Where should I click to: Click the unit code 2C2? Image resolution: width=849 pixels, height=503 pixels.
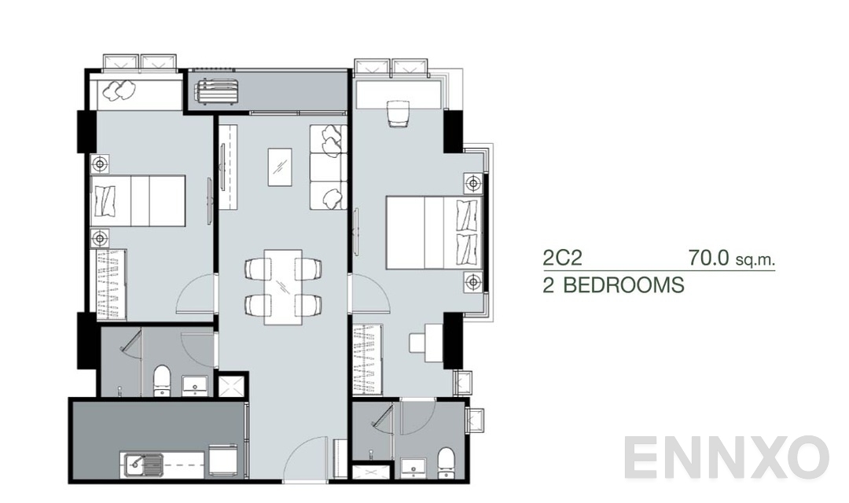(x=562, y=259)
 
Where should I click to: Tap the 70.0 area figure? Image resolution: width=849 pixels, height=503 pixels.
(x=709, y=258)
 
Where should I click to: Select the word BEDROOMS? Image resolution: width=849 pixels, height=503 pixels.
(x=623, y=285)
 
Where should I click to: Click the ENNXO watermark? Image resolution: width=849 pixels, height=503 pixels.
(x=726, y=458)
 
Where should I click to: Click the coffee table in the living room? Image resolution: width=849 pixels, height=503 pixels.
(x=280, y=167)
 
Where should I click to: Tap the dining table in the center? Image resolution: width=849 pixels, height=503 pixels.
(x=282, y=286)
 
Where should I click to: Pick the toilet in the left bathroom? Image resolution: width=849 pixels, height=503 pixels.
(x=162, y=379)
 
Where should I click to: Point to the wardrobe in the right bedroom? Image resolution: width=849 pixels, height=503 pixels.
(x=368, y=358)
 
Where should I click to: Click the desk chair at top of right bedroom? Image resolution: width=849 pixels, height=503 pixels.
(x=398, y=114)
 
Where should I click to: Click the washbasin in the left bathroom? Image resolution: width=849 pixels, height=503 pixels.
(x=194, y=384)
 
